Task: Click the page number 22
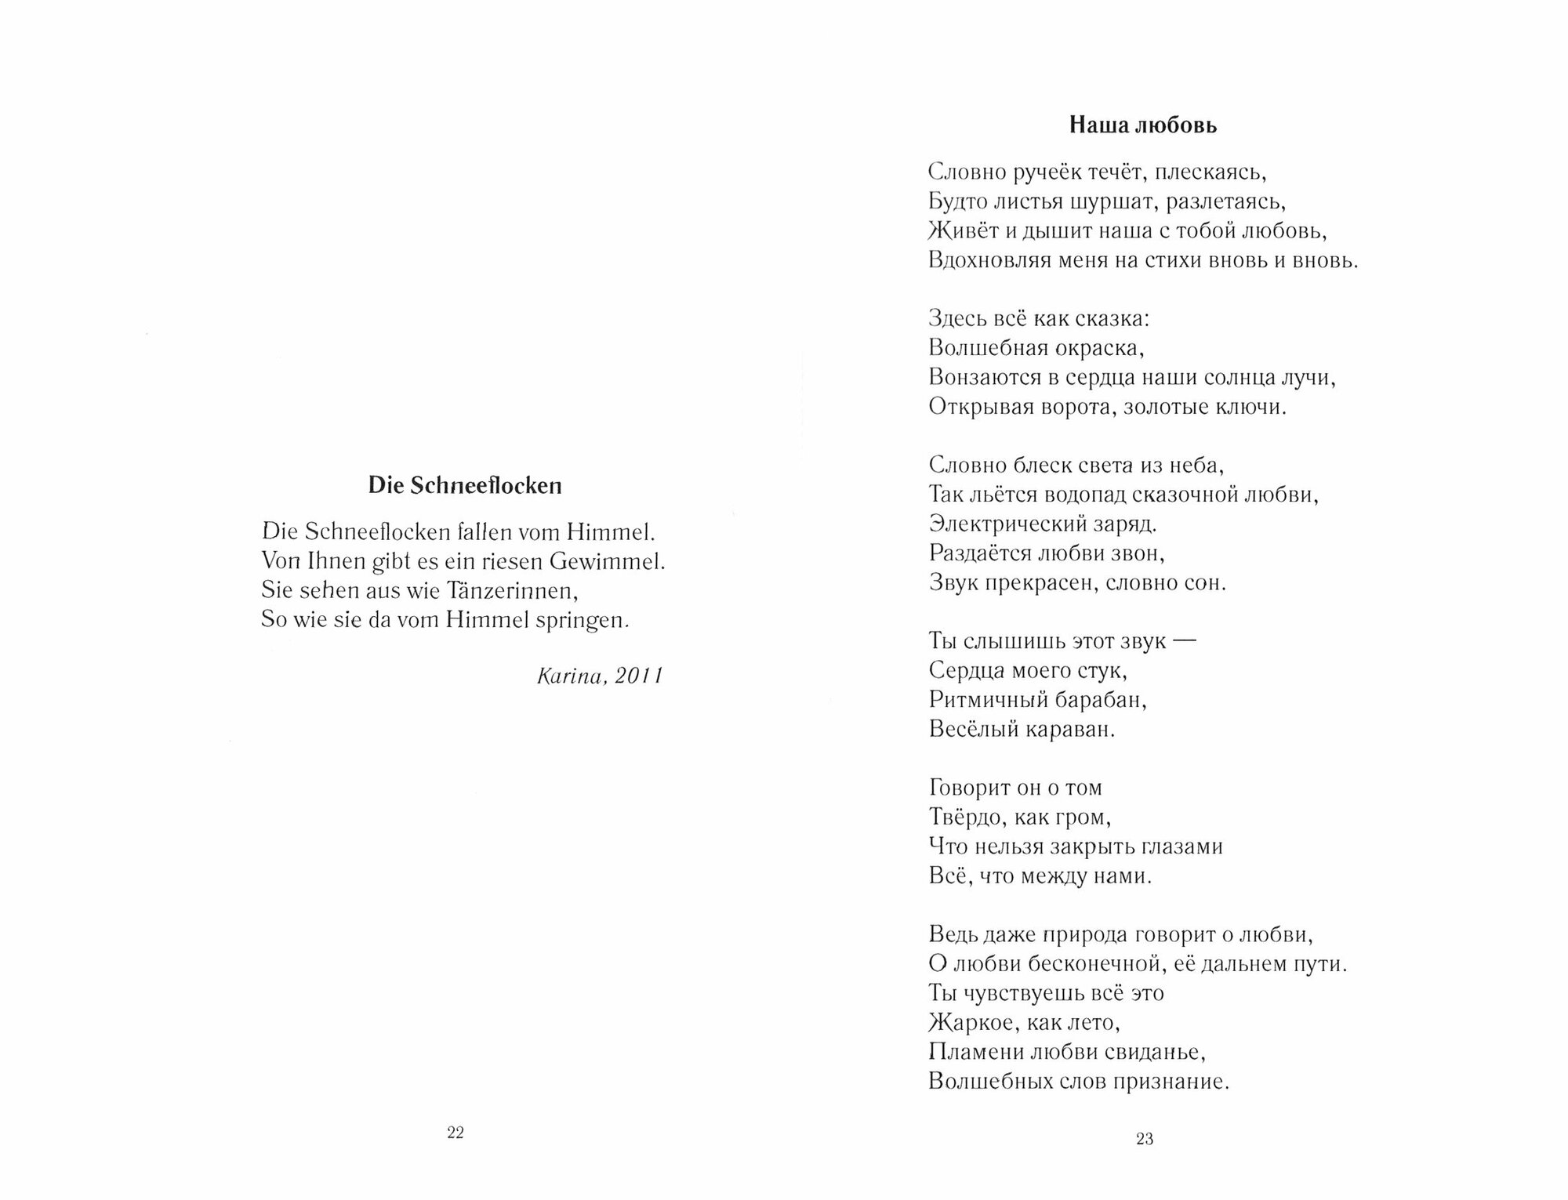click(x=456, y=1132)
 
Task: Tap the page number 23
click(x=1145, y=1139)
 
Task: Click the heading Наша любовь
click(x=1144, y=125)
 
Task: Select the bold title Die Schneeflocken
click(x=465, y=486)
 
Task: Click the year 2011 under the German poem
click(x=639, y=676)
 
